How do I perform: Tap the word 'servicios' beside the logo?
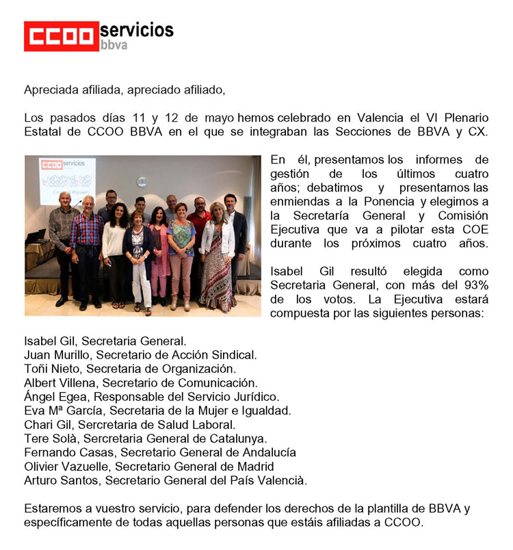point(137,30)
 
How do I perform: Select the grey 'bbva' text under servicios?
point(114,46)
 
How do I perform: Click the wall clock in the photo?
point(142,181)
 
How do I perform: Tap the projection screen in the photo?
point(67,180)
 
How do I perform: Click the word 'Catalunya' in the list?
point(237,438)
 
